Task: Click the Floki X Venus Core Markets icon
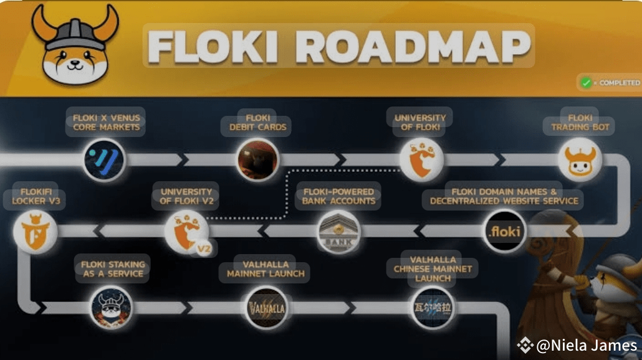(x=104, y=159)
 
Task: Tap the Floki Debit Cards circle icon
(x=257, y=159)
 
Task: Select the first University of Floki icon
(x=421, y=159)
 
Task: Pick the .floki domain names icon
(x=505, y=231)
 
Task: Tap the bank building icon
(x=339, y=231)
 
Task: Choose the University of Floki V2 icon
(x=186, y=231)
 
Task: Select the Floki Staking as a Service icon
(x=112, y=307)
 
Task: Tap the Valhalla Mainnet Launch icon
(x=266, y=307)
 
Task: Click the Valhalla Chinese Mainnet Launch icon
(x=433, y=307)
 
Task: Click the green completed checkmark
(x=586, y=82)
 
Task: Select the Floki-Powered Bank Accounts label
(x=339, y=196)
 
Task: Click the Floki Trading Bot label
(x=580, y=122)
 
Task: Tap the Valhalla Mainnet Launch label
(x=266, y=268)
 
